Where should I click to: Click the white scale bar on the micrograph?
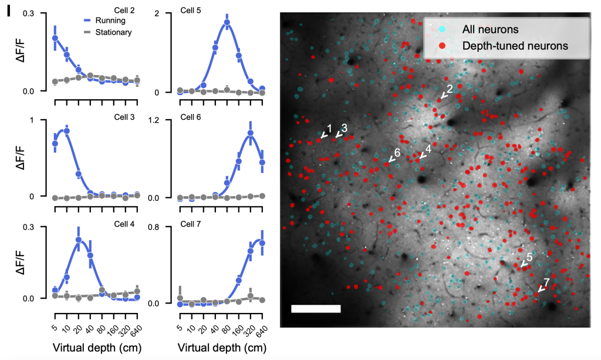[x=316, y=308]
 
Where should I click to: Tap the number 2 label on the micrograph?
[x=450, y=89]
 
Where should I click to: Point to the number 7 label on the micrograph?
[x=546, y=282]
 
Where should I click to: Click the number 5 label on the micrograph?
[x=529, y=257]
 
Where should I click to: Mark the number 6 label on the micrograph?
[x=397, y=153]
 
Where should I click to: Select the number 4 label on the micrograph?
[x=428, y=149]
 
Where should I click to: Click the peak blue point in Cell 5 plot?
[x=227, y=23]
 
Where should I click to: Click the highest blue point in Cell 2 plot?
[x=55, y=38]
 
